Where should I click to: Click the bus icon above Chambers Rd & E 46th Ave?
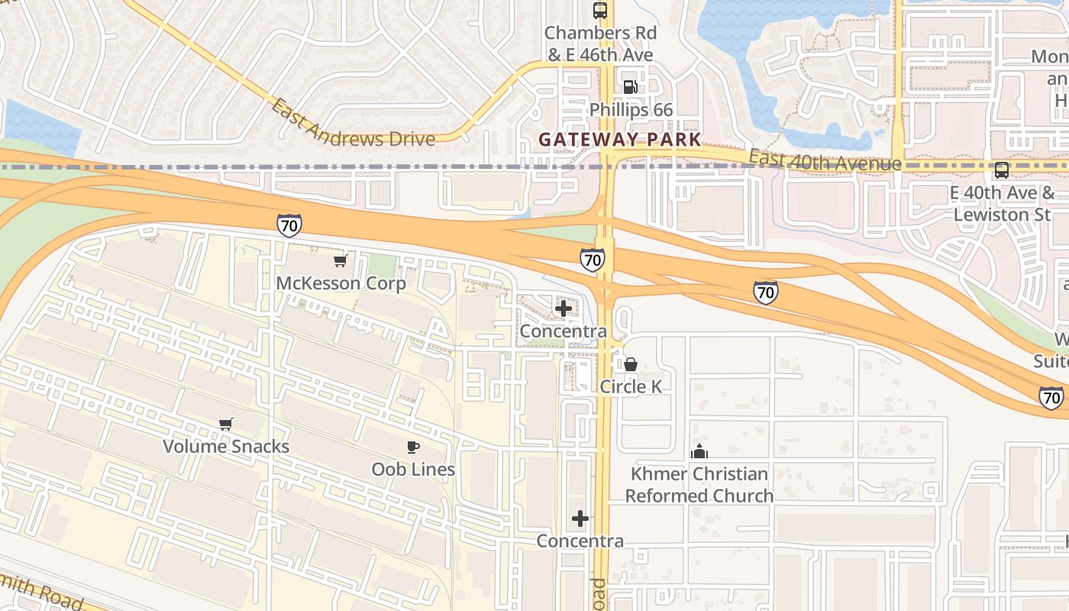600,11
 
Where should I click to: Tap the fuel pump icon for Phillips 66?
630,87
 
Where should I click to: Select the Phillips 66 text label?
631,110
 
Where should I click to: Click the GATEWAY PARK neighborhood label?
619,139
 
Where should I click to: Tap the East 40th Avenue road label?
825,160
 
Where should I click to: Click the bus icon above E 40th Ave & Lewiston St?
1001,170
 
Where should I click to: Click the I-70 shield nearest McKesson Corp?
289,225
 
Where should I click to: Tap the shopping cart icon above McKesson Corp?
341,261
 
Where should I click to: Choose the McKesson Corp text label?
341,283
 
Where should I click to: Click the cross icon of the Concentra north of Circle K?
564,309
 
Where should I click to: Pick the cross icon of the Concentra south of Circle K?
580,519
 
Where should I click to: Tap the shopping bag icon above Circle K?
631,364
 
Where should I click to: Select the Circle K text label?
631,386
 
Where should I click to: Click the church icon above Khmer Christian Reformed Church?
699,451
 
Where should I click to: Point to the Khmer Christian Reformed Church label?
699,485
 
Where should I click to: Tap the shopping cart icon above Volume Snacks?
225,424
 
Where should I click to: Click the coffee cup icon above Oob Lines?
413,447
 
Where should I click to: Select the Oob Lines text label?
413,469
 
